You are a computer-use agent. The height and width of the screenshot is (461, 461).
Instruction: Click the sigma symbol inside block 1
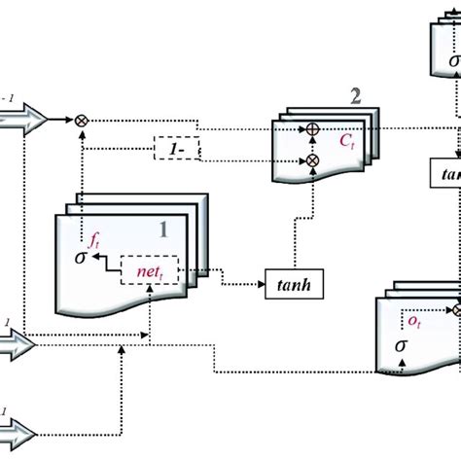(x=80, y=259)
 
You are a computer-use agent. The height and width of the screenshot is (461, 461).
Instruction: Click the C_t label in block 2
(x=346, y=139)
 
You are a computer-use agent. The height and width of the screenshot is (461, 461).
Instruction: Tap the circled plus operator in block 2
(x=313, y=128)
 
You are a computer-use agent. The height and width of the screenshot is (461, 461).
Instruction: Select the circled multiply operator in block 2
(x=313, y=160)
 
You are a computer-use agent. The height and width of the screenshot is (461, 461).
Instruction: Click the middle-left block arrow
(x=18, y=343)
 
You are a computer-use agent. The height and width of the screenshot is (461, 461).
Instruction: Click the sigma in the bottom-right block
(x=401, y=344)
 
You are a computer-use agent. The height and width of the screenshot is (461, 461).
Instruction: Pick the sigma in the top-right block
(x=452, y=63)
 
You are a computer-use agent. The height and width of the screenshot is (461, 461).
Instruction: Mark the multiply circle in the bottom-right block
(x=455, y=310)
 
